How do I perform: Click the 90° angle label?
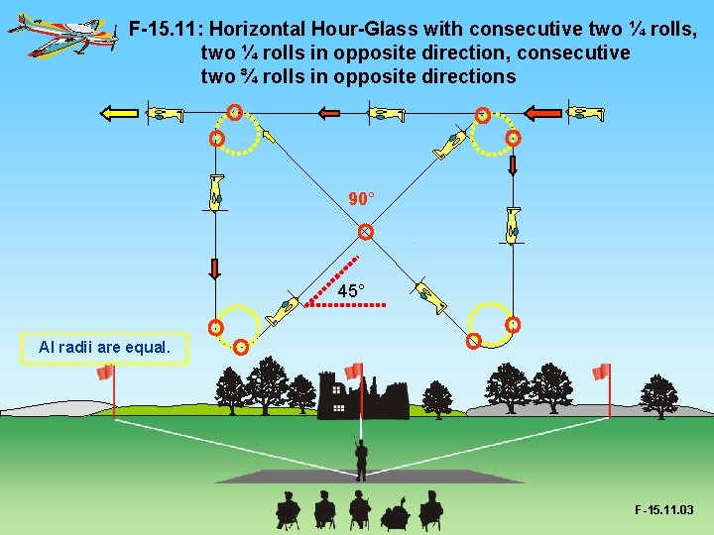coord(362,199)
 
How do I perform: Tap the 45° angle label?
coord(351,290)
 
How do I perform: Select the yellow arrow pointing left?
coord(118,113)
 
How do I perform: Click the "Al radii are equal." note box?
coord(104,348)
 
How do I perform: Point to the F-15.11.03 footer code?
coord(663,510)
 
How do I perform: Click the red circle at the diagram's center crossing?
coord(365,232)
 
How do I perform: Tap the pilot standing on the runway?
coord(361,459)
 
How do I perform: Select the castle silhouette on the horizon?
coord(362,394)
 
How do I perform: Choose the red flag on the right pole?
coord(601,373)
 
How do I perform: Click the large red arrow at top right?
coord(542,113)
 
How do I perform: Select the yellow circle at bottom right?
coord(489,322)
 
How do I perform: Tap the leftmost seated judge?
coord(288,509)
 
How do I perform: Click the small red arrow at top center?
coord(328,114)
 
